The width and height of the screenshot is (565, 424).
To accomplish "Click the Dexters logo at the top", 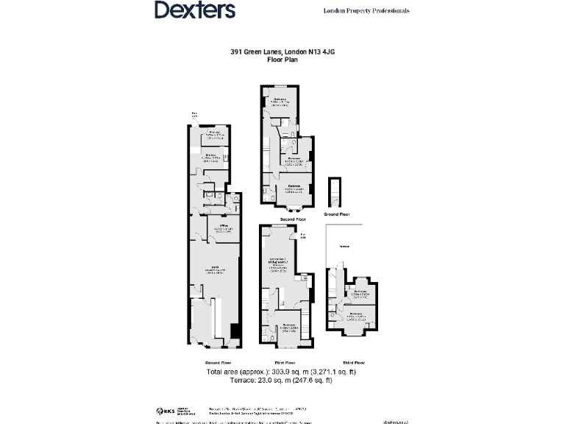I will [x=194, y=10].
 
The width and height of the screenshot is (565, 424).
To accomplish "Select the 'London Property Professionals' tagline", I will [x=366, y=11].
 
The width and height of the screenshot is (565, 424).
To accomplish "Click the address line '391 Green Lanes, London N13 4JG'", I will [x=282, y=52].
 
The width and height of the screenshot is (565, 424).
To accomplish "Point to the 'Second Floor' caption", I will [x=287, y=219].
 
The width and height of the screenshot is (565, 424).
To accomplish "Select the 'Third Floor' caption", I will [x=349, y=363].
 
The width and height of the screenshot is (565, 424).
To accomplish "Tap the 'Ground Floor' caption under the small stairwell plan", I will [x=335, y=214].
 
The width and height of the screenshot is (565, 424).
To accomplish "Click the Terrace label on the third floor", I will [x=344, y=247].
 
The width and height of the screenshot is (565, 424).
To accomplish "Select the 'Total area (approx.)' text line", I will [x=282, y=372].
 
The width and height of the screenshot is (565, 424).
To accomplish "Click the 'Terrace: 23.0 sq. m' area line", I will [x=282, y=381].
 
